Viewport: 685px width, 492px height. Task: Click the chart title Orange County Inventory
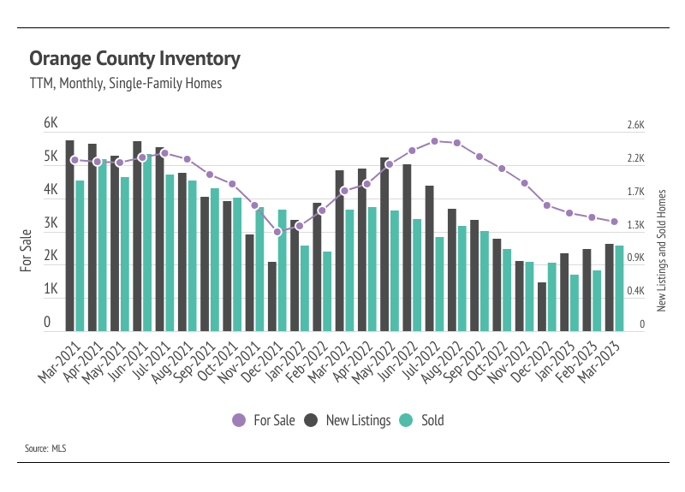[x=134, y=59]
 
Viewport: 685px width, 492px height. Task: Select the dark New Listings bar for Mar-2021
[x=70, y=235]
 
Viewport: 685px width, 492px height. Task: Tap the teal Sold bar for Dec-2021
[x=282, y=270]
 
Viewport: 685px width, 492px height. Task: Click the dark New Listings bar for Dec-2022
[x=541, y=306]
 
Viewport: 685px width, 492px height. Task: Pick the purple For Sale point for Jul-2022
[x=435, y=140]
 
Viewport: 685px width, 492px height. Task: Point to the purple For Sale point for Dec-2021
[x=277, y=232]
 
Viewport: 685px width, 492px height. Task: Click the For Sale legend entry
[x=265, y=420]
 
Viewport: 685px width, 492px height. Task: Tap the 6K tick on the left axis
[x=51, y=124]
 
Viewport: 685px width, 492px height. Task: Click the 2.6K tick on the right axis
[x=635, y=125]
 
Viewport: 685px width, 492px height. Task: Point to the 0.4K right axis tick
[x=635, y=291]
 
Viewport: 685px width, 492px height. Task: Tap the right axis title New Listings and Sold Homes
[x=661, y=250]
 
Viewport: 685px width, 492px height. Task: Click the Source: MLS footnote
[x=45, y=448]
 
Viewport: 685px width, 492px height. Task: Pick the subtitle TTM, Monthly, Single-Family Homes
[x=126, y=84]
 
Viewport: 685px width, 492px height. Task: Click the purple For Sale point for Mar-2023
[x=614, y=222]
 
